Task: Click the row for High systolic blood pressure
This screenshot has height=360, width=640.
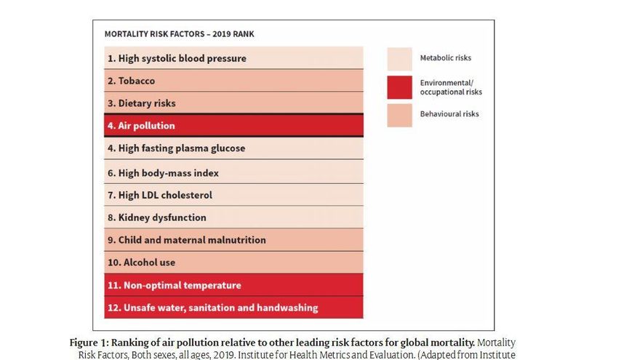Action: coord(233,58)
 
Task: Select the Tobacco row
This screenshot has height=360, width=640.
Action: coord(233,81)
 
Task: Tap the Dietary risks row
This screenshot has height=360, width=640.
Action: coord(233,103)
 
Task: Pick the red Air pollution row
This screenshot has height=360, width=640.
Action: coord(233,126)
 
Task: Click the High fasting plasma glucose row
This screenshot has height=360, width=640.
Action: coord(233,148)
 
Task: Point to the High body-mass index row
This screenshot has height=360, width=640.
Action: coord(233,173)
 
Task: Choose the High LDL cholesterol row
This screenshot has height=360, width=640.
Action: coord(233,195)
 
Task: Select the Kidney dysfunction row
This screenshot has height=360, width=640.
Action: coord(233,217)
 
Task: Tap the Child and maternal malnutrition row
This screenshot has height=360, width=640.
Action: coord(233,240)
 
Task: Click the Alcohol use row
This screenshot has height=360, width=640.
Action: coord(233,263)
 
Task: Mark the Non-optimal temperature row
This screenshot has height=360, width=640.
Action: coord(233,285)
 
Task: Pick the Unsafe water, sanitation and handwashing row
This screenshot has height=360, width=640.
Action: coord(233,308)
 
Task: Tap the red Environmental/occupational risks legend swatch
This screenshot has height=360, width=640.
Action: coord(399,87)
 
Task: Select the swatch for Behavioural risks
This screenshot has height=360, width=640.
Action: coord(399,115)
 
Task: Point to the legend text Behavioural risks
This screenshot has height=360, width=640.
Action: coord(449,114)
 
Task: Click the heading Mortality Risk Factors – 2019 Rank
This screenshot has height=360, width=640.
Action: coord(179,34)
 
